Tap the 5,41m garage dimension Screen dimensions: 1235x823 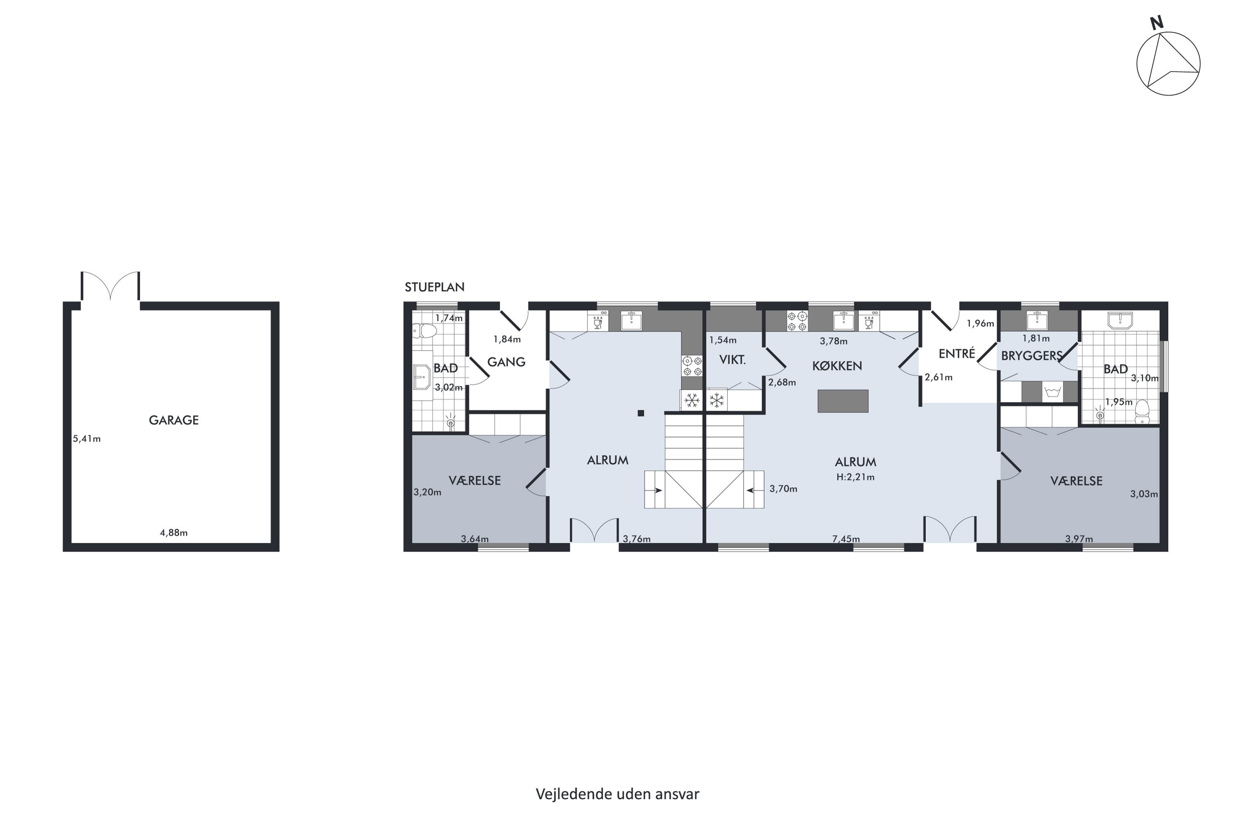click(86, 439)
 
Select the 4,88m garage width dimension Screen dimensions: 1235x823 click(174, 533)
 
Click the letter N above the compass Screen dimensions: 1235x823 click(1156, 23)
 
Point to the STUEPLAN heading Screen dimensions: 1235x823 click(434, 287)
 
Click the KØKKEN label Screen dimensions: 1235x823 click(837, 366)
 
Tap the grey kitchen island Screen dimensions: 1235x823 click(843, 401)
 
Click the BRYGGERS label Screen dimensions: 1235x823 click(1032, 356)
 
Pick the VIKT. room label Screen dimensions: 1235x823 click(732, 360)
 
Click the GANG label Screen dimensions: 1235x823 click(506, 362)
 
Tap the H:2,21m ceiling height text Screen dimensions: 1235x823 click(855, 477)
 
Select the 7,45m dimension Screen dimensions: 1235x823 click(846, 539)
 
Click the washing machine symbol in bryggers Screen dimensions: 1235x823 click(1052, 392)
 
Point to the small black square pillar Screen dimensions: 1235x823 click(641, 413)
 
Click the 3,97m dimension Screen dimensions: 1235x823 click(1079, 539)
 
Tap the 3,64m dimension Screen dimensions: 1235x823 click(475, 539)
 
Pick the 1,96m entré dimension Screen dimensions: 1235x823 click(980, 324)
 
